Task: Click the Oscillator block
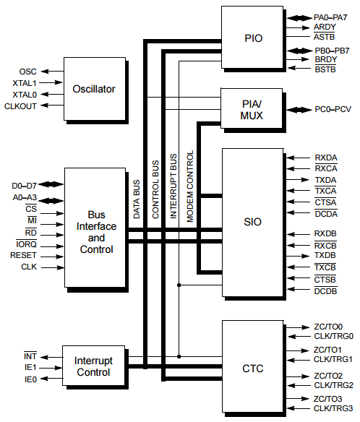pyautogui.click(x=95, y=89)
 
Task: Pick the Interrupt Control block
pyautogui.click(x=93, y=366)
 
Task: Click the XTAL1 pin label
pyautogui.click(x=25, y=83)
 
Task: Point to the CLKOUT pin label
pyautogui.click(x=20, y=106)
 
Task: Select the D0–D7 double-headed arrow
pyautogui.click(x=51, y=185)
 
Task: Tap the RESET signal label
pyautogui.click(x=23, y=255)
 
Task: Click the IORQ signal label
pyautogui.click(x=27, y=244)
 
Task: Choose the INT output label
pyautogui.click(x=30, y=356)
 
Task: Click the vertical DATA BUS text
pyautogui.click(x=137, y=199)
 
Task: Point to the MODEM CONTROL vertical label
pyautogui.click(x=190, y=186)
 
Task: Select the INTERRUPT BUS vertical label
pyautogui.click(x=173, y=186)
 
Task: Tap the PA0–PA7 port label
pyautogui.click(x=330, y=18)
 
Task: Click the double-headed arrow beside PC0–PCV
pyautogui.click(x=299, y=110)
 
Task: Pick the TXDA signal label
pyautogui.click(x=325, y=180)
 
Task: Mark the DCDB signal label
pyautogui.click(x=325, y=291)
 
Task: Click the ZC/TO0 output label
pyautogui.click(x=328, y=327)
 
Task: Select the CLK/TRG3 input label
pyautogui.click(x=333, y=408)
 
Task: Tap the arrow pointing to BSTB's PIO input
pyautogui.click(x=299, y=68)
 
